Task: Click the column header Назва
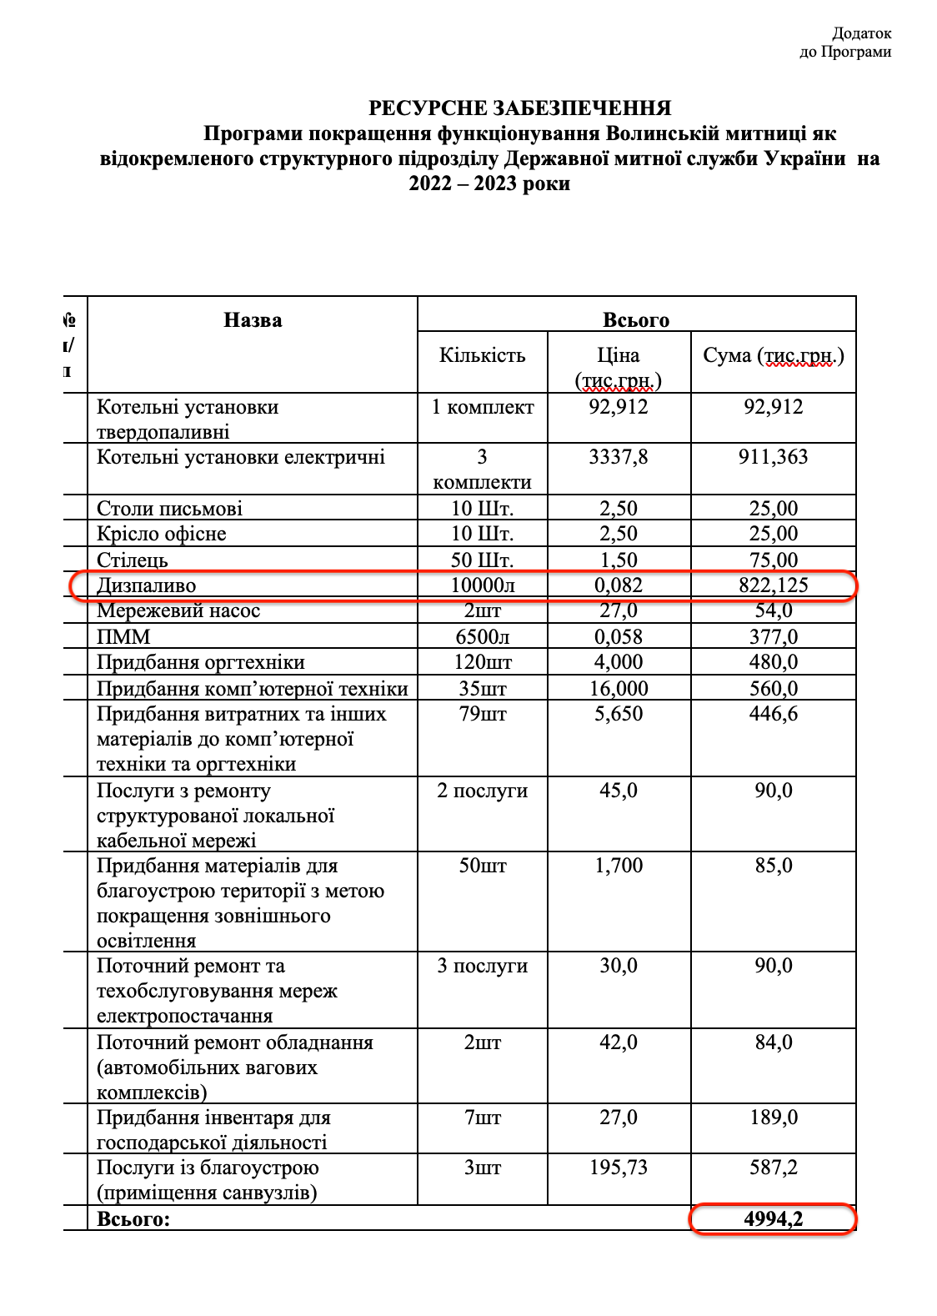(x=253, y=320)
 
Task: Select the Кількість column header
(x=482, y=355)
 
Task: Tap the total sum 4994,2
(x=773, y=1219)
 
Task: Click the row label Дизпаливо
(x=146, y=585)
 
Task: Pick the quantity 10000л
(x=482, y=585)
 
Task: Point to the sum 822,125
(x=773, y=585)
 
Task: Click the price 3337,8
(x=618, y=457)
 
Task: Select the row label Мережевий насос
(x=178, y=610)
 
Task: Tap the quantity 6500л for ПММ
(x=482, y=637)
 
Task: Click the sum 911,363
(x=773, y=457)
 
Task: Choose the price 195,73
(x=618, y=1168)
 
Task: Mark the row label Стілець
(x=133, y=560)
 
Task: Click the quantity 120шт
(x=482, y=662)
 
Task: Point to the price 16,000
(x=618, y=689)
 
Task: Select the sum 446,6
(x=773, y=714)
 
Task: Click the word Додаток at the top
(x=861, y=33)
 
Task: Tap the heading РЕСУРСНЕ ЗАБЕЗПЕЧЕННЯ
(x=519, y=108)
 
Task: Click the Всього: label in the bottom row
(x=133, y=1219)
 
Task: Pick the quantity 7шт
(x=482, y=1118)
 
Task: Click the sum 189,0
(x=773, y=1118)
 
